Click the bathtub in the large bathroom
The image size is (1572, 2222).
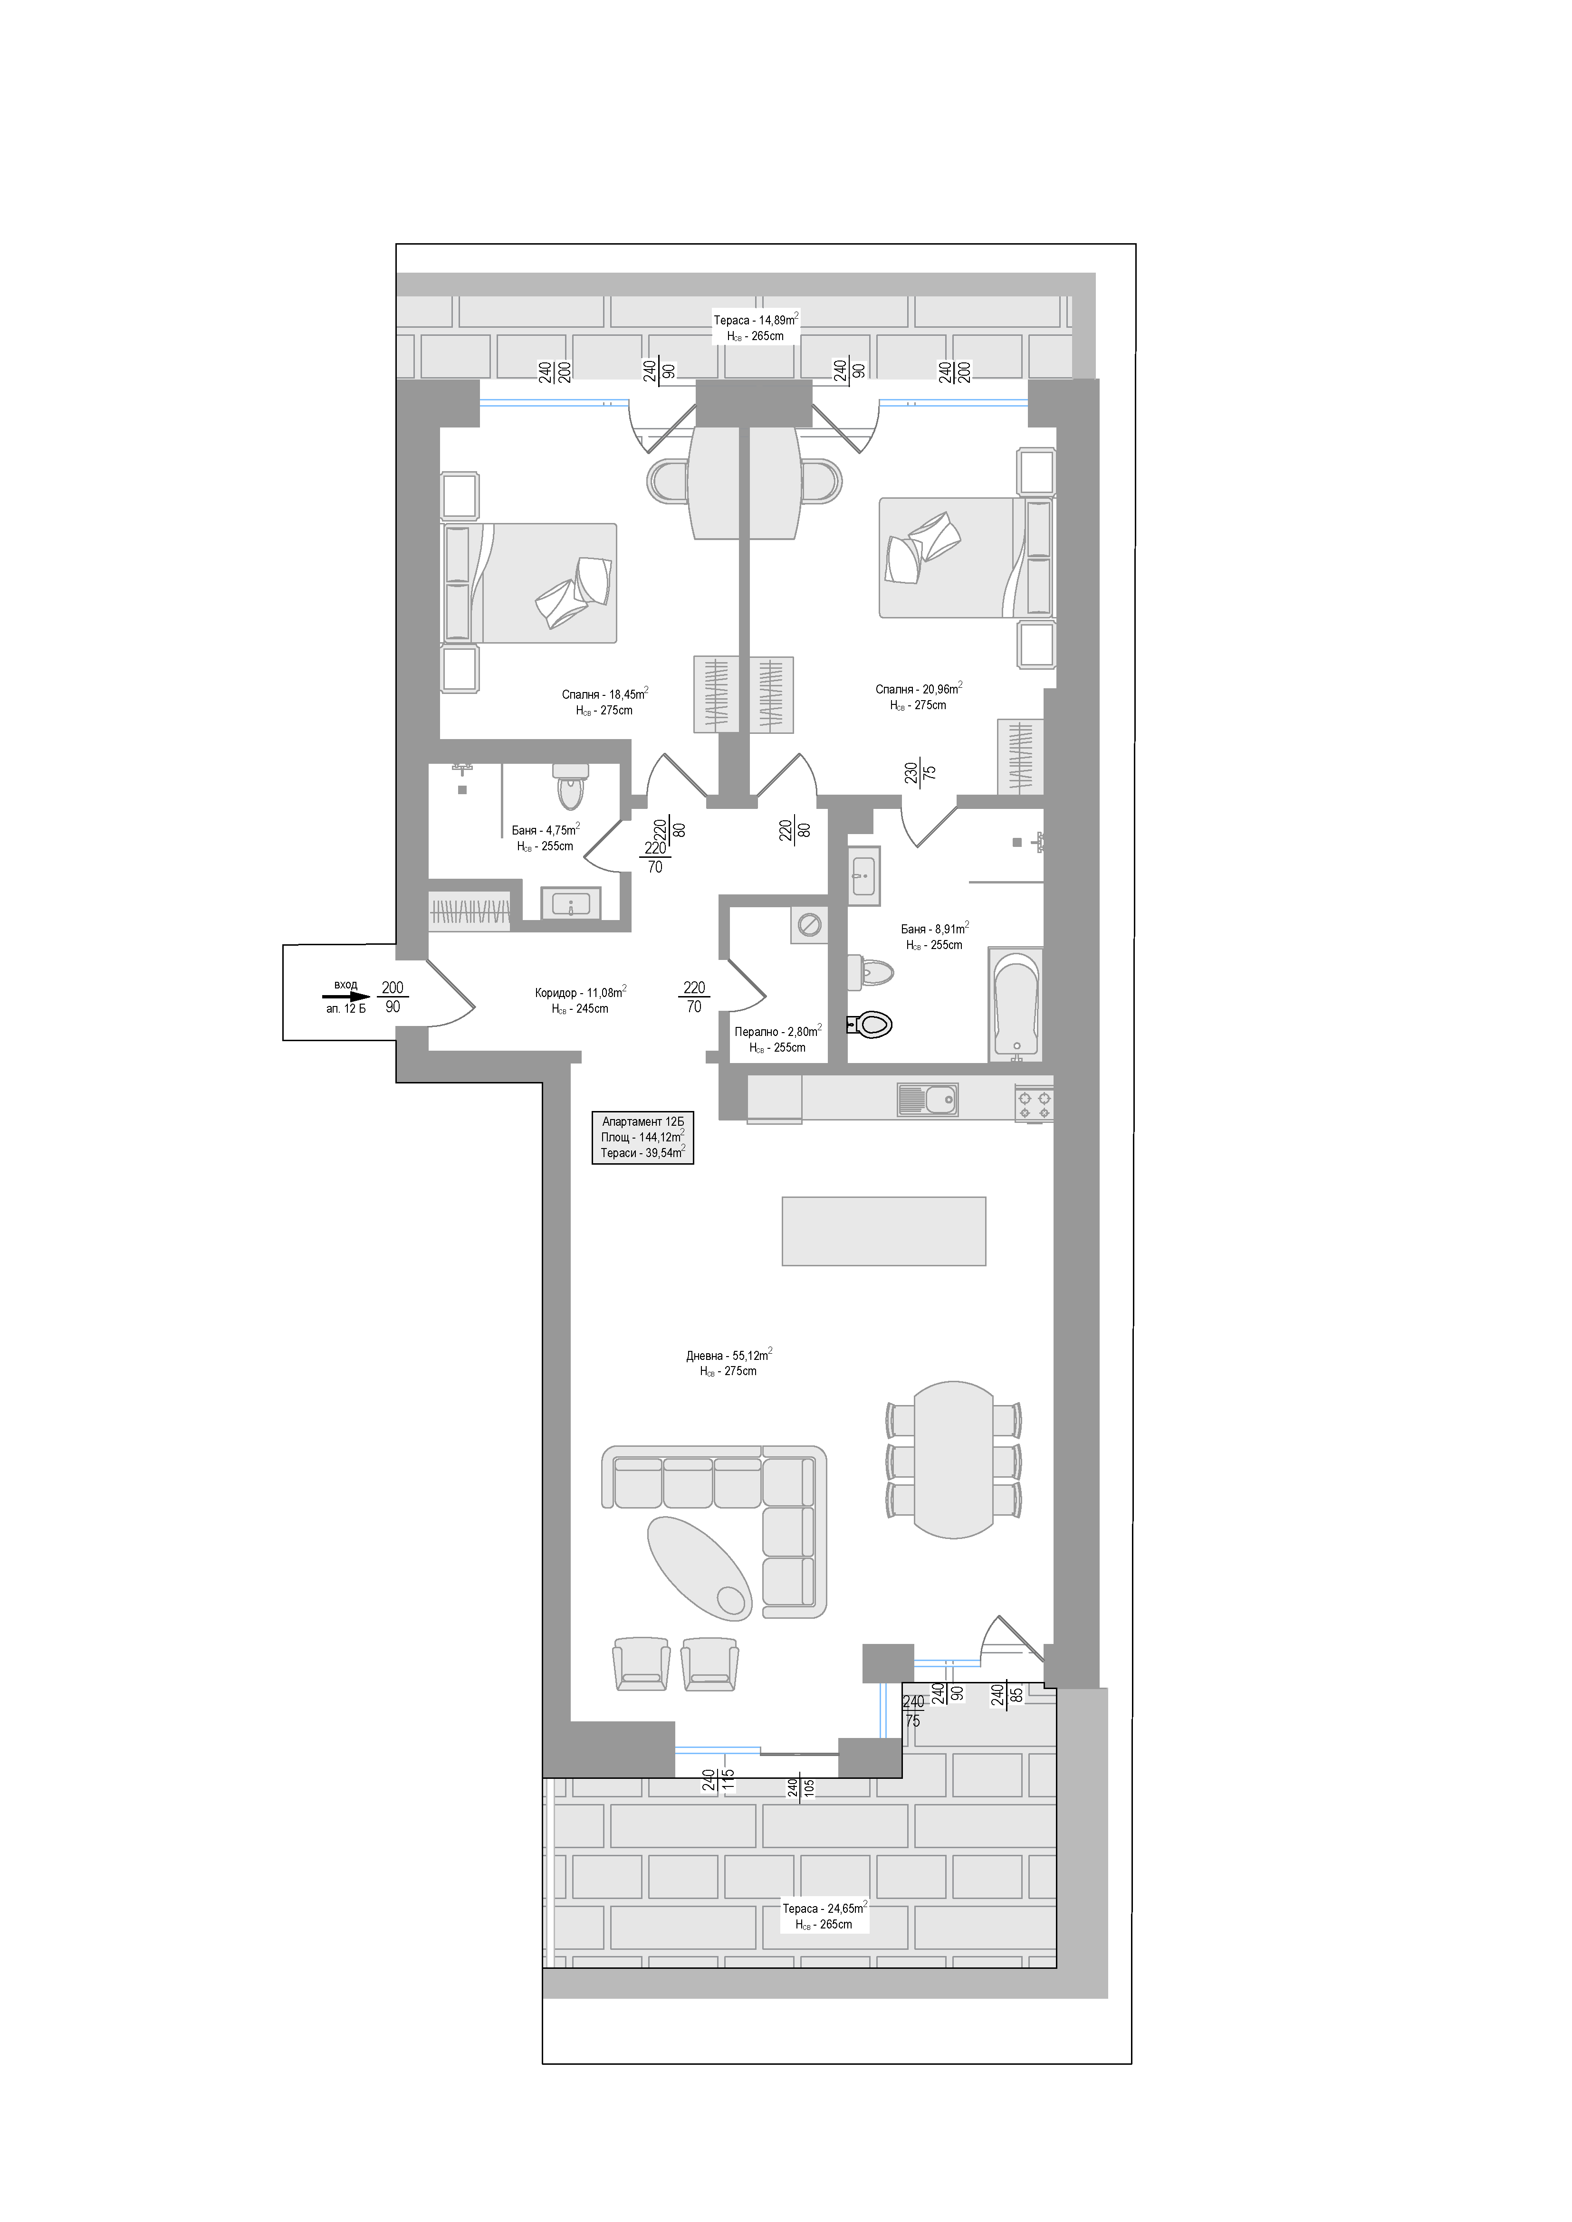point(1016,1004)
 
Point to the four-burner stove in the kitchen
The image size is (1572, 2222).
point(1034,1103)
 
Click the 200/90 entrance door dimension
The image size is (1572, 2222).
point(392,997)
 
